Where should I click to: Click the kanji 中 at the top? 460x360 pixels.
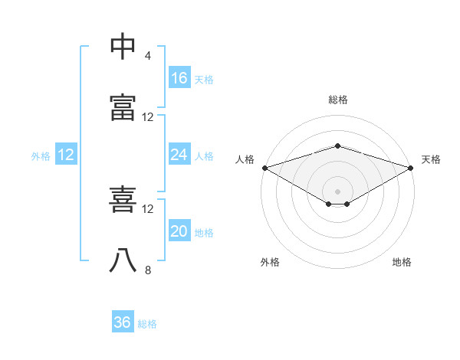tap(123, 46)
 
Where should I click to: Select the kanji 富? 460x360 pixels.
tap(123, 107)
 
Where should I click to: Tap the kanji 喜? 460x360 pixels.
tap(123, 199)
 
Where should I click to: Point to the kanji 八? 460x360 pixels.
tap(123, 260)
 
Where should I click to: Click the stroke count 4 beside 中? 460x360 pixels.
tap(147, 56)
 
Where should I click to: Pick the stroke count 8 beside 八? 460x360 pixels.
tap(148, 270)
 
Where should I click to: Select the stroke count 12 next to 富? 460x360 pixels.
tap(147, 117)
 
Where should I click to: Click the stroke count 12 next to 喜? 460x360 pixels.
tap(147, 209)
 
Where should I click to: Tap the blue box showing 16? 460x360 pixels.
tap(179, 77)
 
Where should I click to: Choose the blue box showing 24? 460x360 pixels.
tap(179, 154)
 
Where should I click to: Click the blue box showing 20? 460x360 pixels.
tap(179, 230)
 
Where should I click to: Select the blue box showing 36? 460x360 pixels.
tap(123, 321)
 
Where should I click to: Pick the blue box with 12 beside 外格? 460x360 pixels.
tap(66, 154)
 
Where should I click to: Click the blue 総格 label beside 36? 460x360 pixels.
tap(147, 324)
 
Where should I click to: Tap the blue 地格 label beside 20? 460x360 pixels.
tap(204, 233)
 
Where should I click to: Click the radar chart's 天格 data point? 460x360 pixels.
tap(411, 168)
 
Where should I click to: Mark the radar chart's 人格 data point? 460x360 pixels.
tap(265, 168)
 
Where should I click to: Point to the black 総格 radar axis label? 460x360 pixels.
tap(338, 100)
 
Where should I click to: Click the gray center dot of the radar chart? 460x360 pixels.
tap(337, 191)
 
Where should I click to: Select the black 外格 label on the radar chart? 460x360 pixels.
tap(270, 262)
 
